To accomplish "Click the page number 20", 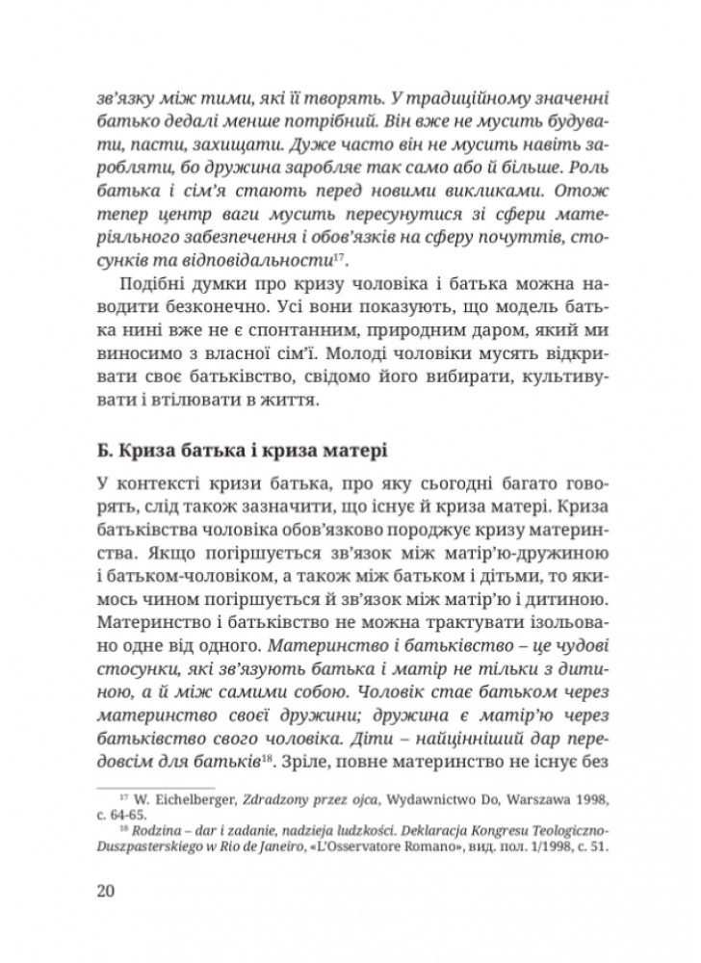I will click(x=107, y=889).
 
